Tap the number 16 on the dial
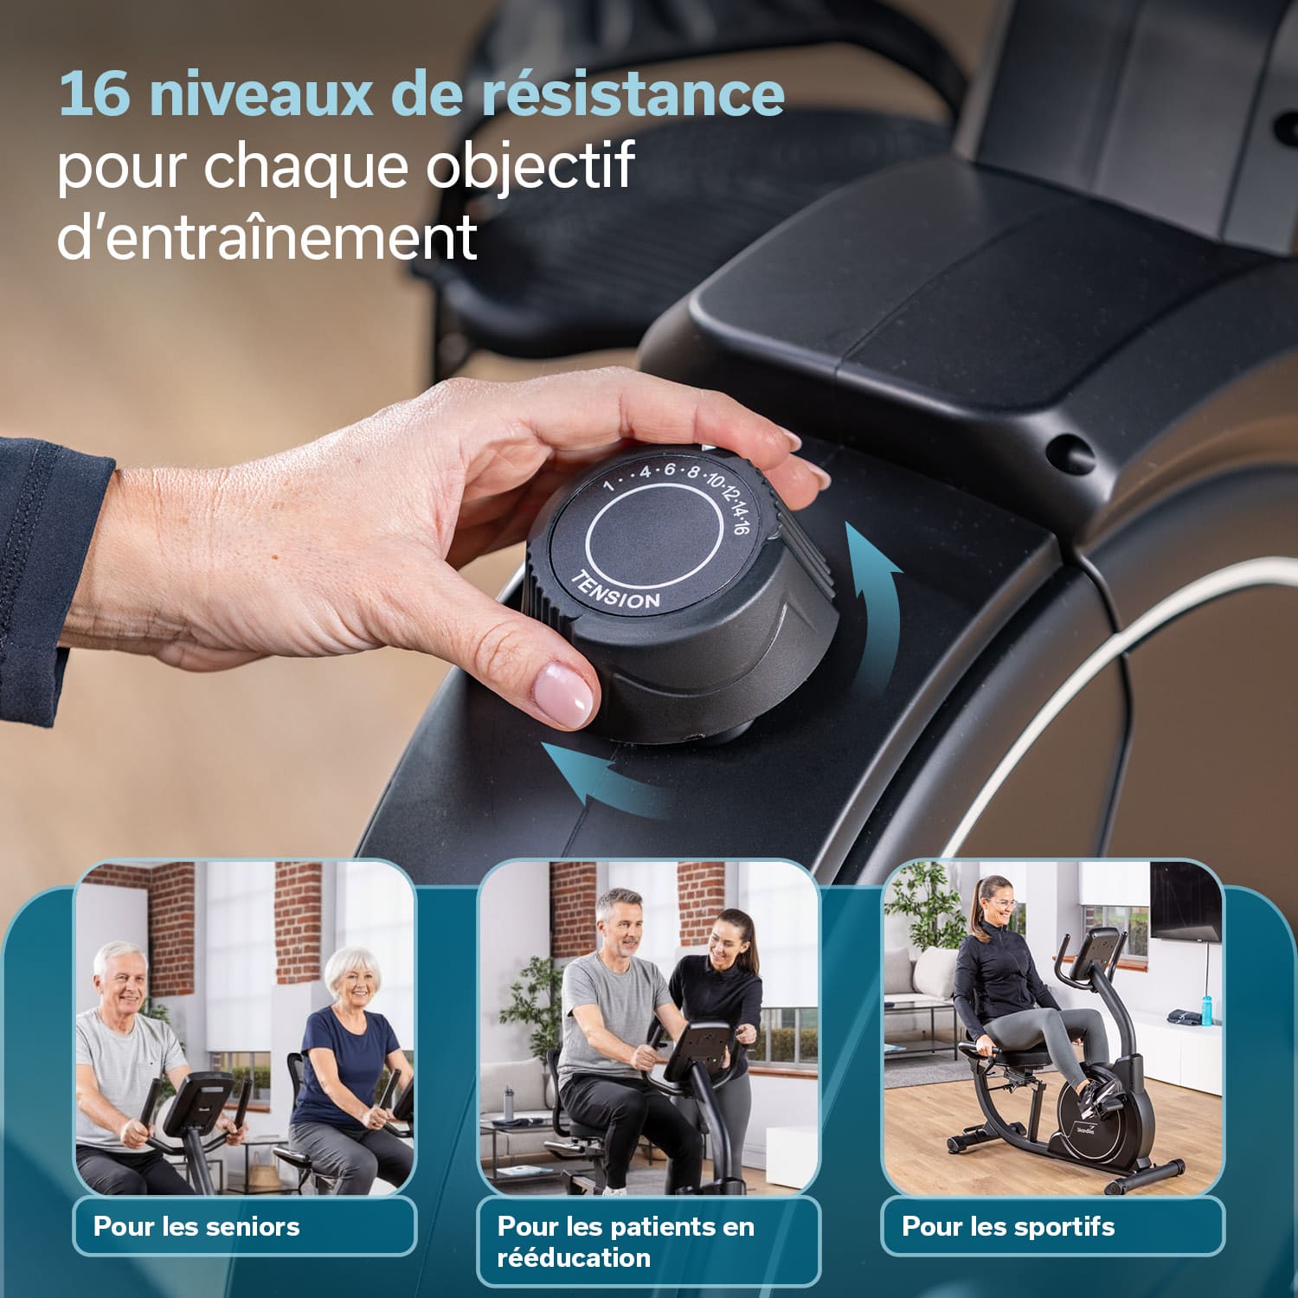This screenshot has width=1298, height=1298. click(x=738, y=524)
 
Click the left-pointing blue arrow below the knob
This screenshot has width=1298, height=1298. click(x=606, y=779)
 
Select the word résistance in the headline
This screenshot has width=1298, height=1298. click(x=633, y=94)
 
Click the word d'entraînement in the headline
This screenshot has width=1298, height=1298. click(x=267, y=236)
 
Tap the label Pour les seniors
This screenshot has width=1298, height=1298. click(x=196, y=1226)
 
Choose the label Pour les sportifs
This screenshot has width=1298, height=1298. click(x=1008, y=1226)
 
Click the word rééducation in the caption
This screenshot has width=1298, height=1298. click(x=573, y=1257)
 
